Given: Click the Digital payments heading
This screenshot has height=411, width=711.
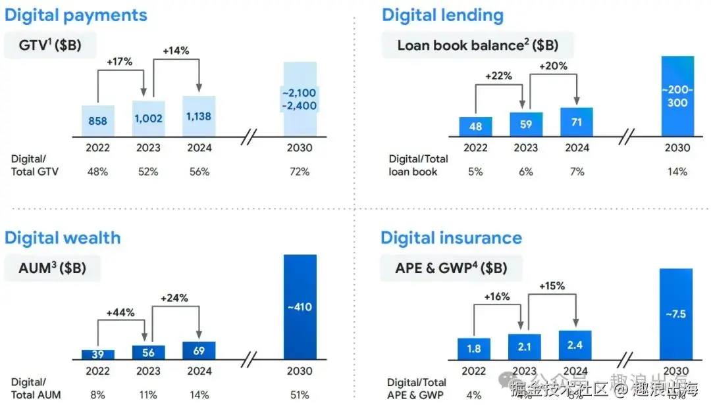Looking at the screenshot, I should click(x=76, y=15).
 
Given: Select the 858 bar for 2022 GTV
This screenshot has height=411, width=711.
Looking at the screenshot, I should click(x=98, y=121).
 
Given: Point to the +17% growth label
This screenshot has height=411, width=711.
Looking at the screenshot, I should click(x=119, y=62).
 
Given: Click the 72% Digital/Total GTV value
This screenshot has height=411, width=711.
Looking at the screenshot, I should click(x=300, y=172).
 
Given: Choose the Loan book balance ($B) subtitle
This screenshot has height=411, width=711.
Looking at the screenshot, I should click(x=477, y=45).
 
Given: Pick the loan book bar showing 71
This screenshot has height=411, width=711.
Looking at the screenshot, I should click(x=576, y=122).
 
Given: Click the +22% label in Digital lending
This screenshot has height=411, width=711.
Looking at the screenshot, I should click(x=498, y=76).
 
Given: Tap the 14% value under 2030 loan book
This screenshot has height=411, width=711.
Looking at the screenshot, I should click(x=677, y=172).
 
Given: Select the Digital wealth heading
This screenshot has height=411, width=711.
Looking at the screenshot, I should click(x=63, y=237).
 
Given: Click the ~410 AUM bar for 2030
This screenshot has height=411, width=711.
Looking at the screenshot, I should click(x=300, y=306).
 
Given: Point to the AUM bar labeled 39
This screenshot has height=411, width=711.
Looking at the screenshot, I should click(x=98, y=354).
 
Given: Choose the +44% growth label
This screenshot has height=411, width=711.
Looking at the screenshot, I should click(x=120, y=314).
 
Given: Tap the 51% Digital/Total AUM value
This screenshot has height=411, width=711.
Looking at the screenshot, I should click(x=300, y=395).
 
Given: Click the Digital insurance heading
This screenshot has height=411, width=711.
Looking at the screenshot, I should click(x=451, y=237).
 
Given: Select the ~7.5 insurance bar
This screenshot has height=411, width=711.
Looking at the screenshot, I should click(x=675, y=314).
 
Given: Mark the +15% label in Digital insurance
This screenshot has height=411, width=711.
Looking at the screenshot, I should click(x=552, y=286).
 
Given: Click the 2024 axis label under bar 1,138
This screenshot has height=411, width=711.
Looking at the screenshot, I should click(x=199, y=148).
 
